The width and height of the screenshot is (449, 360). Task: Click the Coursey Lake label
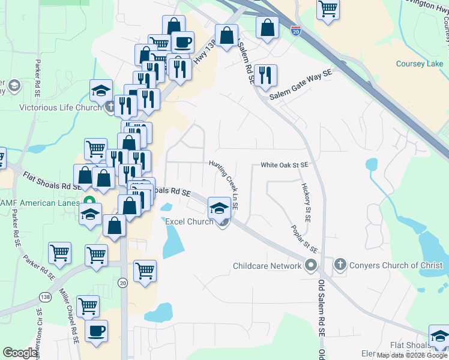pos(419,64)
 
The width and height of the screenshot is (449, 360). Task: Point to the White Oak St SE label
pos(284,165)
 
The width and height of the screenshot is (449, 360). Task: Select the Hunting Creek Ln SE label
pos(224,184)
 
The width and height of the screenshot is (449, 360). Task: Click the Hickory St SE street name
pos(306,203)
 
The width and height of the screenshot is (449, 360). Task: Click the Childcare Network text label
pos(267,266)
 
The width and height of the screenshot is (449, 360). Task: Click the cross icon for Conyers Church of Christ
pos(340,265)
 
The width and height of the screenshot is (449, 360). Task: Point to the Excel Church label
pos(189,222)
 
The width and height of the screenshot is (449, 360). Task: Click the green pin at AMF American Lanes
pos(89,203)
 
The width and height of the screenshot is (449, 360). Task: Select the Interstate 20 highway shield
pos(295,31)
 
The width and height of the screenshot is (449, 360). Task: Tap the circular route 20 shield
pos(122,283)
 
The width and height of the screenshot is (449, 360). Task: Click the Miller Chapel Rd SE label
pos(68,316)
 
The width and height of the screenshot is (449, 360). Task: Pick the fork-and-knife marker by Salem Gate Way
pos(265,75)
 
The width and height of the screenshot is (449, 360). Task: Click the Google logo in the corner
pos(20,353)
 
